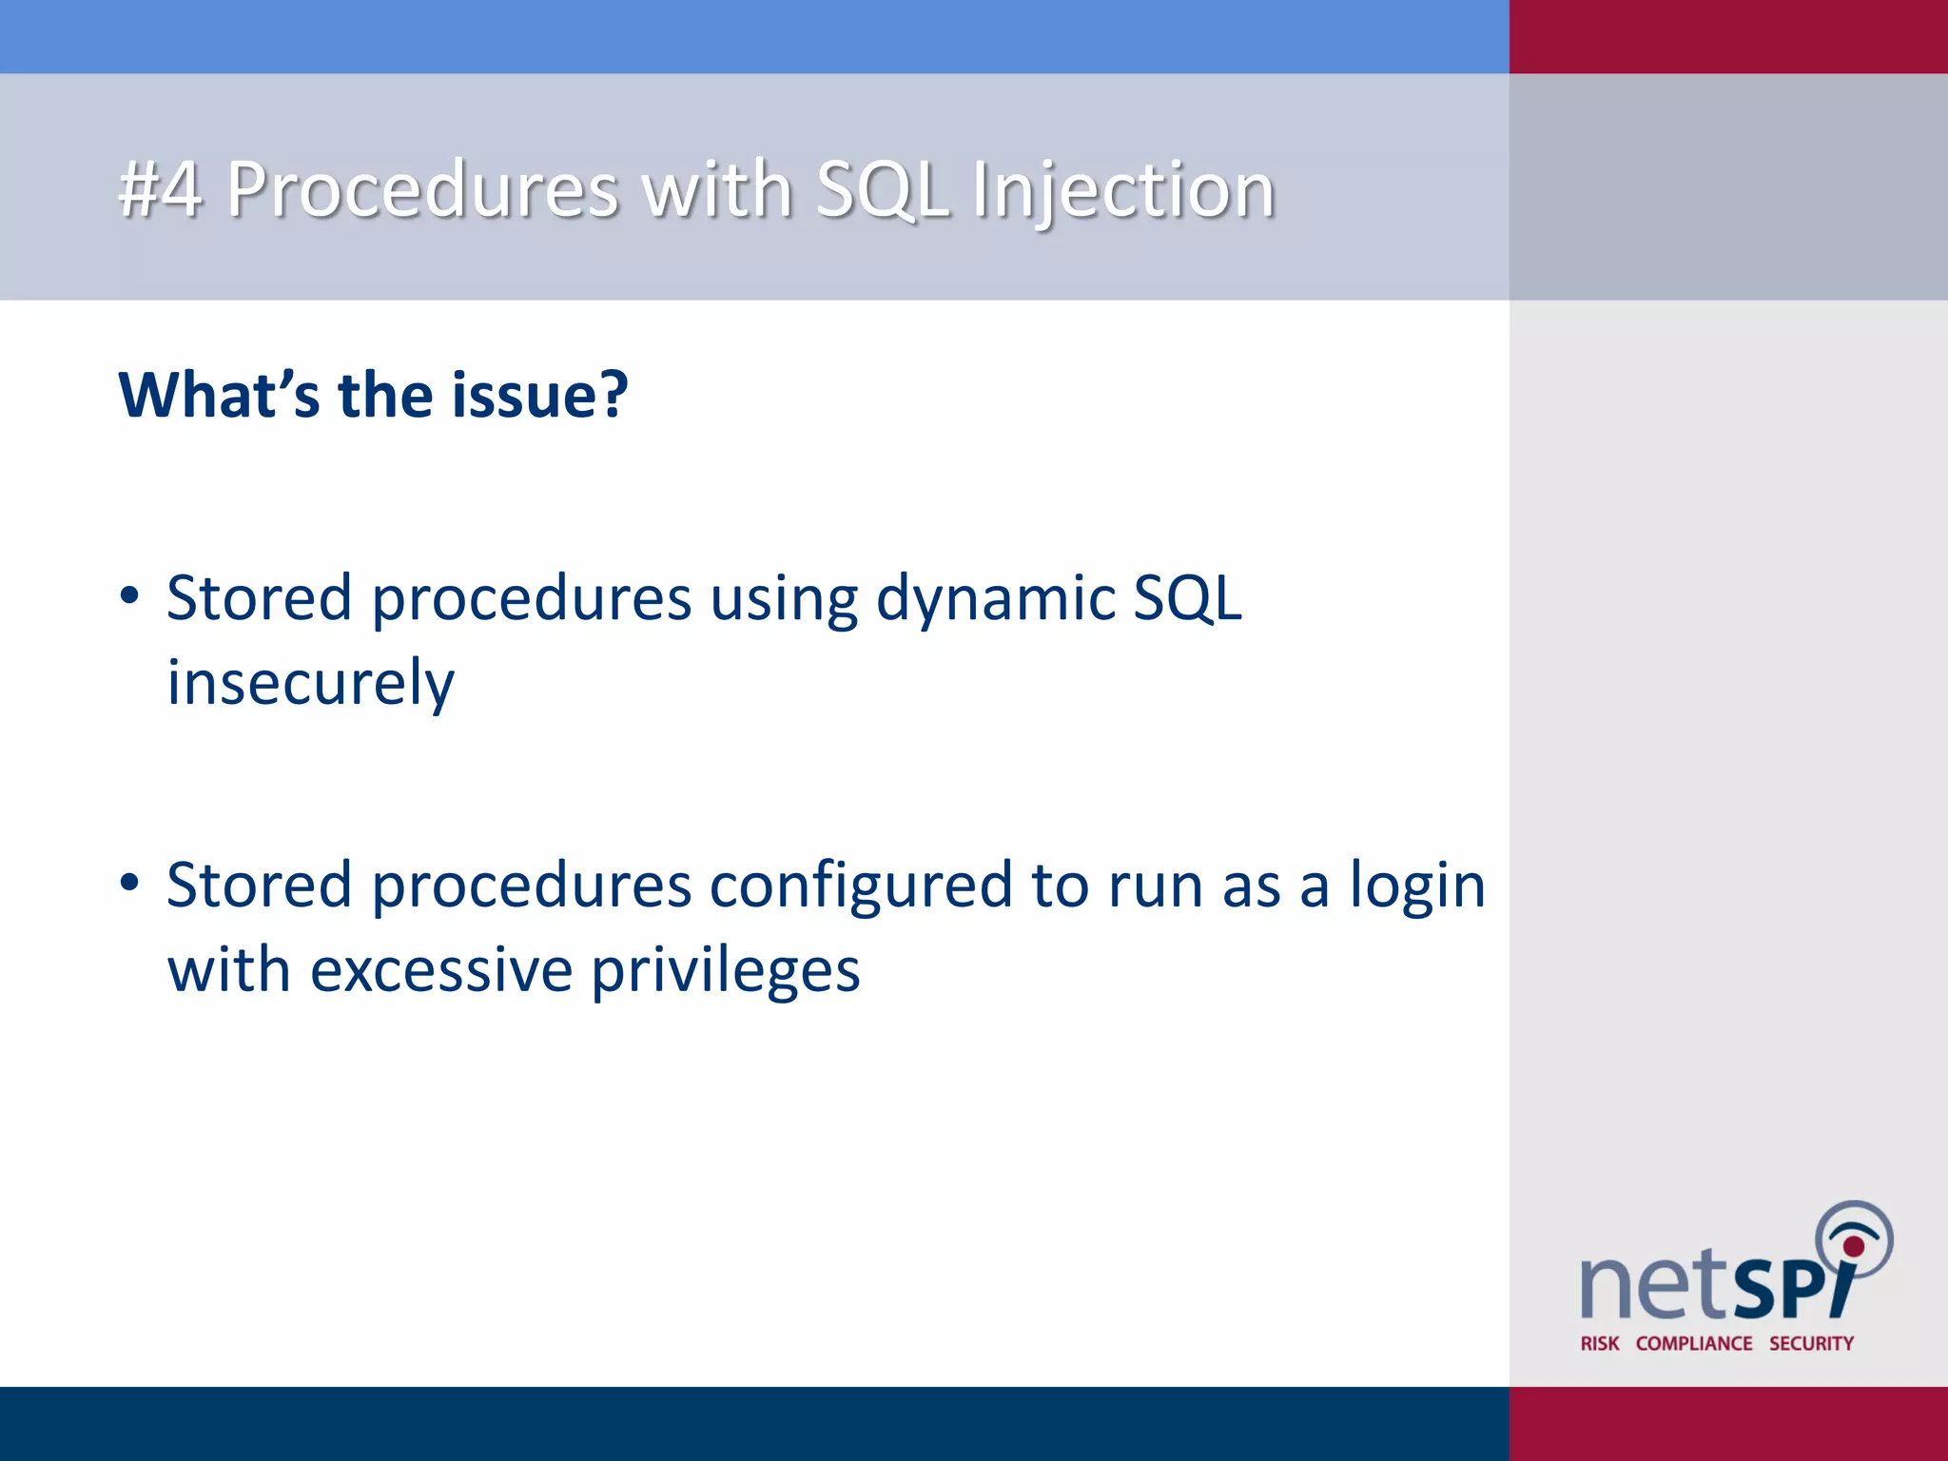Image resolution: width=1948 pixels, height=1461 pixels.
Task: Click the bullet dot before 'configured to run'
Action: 130,884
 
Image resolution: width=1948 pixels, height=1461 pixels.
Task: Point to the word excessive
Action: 442,971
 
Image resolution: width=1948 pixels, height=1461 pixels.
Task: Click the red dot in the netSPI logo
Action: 1854,1246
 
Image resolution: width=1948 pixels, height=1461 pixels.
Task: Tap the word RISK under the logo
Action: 1599,1343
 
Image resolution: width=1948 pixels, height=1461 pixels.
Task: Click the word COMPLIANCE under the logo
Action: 1694,1343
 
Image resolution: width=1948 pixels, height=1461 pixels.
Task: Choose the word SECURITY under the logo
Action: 1811,1343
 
